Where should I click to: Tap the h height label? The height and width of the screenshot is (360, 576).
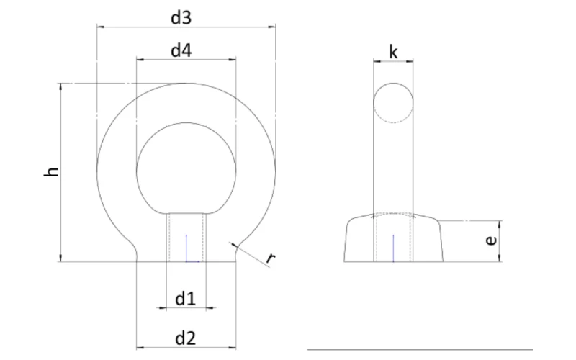(51, 172)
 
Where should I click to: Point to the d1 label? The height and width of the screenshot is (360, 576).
(185, 297)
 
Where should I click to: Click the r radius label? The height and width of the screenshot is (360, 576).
(271, 258)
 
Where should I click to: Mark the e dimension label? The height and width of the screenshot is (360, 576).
(490, 241)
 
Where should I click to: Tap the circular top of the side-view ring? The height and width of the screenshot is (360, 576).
(393, 104)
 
